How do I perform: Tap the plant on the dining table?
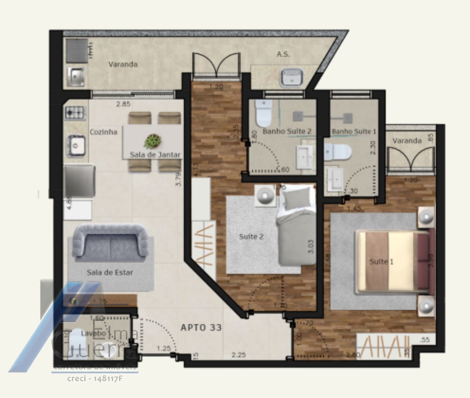pyautogui.click(x=153, y=141)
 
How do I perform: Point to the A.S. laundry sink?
pyautogui.click(x=291, y=77)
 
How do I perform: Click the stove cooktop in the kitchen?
pyautogui.click(x=76, y=113)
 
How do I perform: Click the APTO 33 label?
pyautogui.click(x=201, y=327)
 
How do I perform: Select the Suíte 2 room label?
pyautogui.click(x=251, y=237)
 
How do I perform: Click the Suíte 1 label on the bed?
pyautogui.click(x=381, y=262)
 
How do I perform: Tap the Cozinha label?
pyautogui.click(x=103, y=132)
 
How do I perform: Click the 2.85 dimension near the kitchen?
pyautogui.click(x=123, y=104)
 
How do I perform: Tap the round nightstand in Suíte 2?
pyautogui.click(x=266, y=195)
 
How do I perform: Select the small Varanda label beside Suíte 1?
pyautogui.click(x=407, y=141)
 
